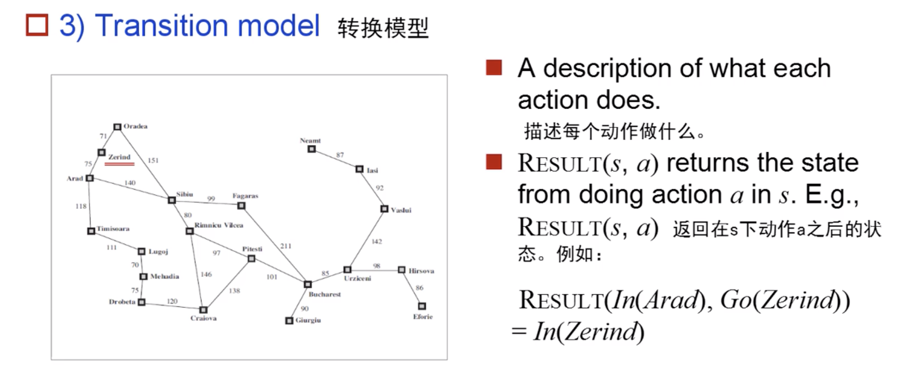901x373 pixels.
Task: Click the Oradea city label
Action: pos(135,126)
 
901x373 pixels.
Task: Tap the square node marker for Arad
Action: pos(90,178)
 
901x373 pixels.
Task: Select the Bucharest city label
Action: pos(325,294)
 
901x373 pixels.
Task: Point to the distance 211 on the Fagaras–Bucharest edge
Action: pos(286,246)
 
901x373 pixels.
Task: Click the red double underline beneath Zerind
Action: pos(120,164)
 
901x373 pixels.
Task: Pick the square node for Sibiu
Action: pos(172,200)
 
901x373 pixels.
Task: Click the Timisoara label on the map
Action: pos(113,229)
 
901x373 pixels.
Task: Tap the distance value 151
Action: pos(153,160)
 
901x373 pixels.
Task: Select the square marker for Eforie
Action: pos(422,306)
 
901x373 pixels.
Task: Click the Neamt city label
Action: pos(310,141)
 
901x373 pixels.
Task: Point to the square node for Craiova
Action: pos(203,310)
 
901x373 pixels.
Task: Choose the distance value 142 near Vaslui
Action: pos(377,242)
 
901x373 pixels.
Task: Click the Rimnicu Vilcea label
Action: pos(219,225)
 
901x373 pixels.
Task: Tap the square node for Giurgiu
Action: pos(289,321)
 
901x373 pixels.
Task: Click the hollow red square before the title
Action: pos(37,25)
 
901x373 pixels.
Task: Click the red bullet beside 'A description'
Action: pos(493,68)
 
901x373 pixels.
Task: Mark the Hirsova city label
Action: pos(421,271)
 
